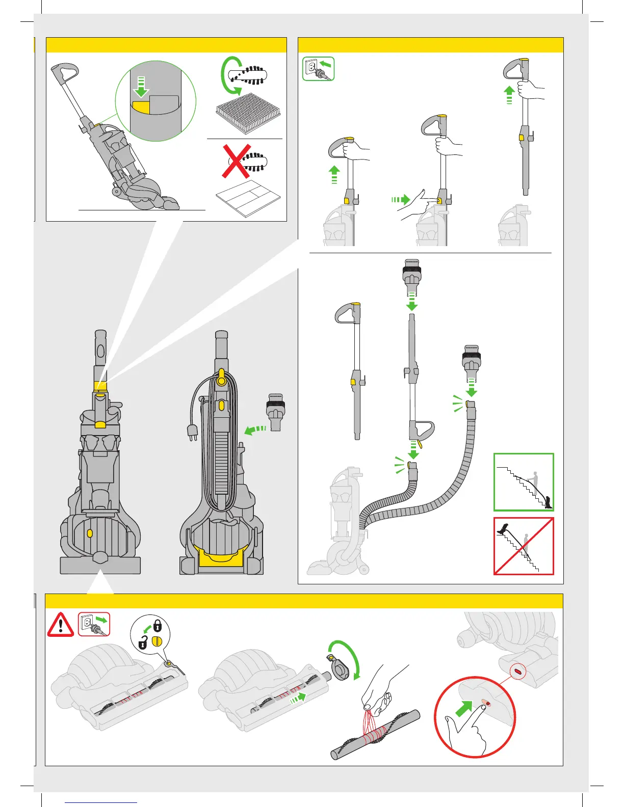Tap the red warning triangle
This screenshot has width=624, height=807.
(60, 625)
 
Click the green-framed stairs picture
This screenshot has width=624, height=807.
(524, 482)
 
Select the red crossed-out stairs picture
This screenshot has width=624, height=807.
(524, 546)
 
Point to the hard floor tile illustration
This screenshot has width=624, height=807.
(248, 197)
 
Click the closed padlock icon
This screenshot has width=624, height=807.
(158, 625)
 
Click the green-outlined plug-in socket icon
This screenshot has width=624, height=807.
(318, 69)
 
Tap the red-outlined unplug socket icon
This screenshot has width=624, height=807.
(94, 625)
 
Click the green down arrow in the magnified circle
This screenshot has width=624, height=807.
(141, 87)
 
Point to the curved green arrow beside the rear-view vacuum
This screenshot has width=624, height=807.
(255, 431)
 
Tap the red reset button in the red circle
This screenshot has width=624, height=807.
(488, 704)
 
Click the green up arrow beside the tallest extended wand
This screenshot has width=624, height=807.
(509, 95)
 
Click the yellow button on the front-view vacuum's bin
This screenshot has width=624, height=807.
(90, 533)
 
